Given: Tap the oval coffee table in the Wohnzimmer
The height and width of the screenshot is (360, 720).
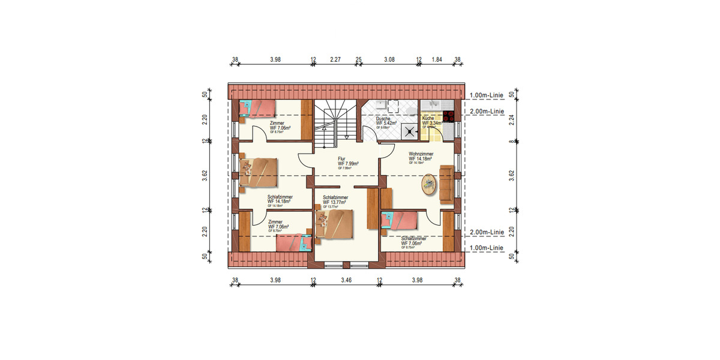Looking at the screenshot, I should coord(430,184).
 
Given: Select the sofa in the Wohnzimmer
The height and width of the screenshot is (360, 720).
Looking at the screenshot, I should coord(446,183).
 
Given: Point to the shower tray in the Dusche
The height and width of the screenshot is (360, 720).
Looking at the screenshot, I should coord(410,130).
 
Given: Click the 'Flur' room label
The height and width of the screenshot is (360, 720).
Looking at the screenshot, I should coord(342,158).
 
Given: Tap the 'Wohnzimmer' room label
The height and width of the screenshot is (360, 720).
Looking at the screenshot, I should coord(422,154).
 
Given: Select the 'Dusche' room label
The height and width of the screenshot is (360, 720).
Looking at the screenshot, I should coord(384,119).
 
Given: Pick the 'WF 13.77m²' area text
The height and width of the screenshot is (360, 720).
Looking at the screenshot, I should coord(335,202).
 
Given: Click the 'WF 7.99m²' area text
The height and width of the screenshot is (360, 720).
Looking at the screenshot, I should coord(348,163).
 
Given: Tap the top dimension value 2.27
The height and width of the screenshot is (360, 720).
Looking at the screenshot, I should coord(335,59).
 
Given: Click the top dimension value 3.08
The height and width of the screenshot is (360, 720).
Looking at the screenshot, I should coord(389,59).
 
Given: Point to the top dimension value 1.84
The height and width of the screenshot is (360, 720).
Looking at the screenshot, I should coord(437,59).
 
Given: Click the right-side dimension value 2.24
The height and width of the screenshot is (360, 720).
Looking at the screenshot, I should coord(512,118).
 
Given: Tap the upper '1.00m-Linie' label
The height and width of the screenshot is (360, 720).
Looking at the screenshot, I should coord(487,95).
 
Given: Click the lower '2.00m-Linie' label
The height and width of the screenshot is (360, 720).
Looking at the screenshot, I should coord(487,232).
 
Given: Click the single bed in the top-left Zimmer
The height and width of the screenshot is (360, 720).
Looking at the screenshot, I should coord(257,108).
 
